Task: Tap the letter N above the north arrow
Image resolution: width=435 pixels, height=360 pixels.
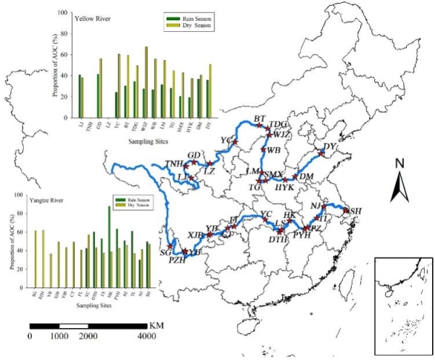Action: [x=399, y=164]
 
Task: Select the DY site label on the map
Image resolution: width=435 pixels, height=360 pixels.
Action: [x=330, y=147]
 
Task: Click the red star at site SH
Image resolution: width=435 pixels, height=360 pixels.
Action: [x=347, y=211]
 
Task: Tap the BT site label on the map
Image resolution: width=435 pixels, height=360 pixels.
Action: [x=261, y=118]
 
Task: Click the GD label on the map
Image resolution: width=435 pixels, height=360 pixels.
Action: [x=194, y=156]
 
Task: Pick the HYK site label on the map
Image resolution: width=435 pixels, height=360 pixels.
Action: [x=286, y=187]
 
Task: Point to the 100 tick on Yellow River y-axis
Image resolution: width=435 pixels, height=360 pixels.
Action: [x=65, y=13]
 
